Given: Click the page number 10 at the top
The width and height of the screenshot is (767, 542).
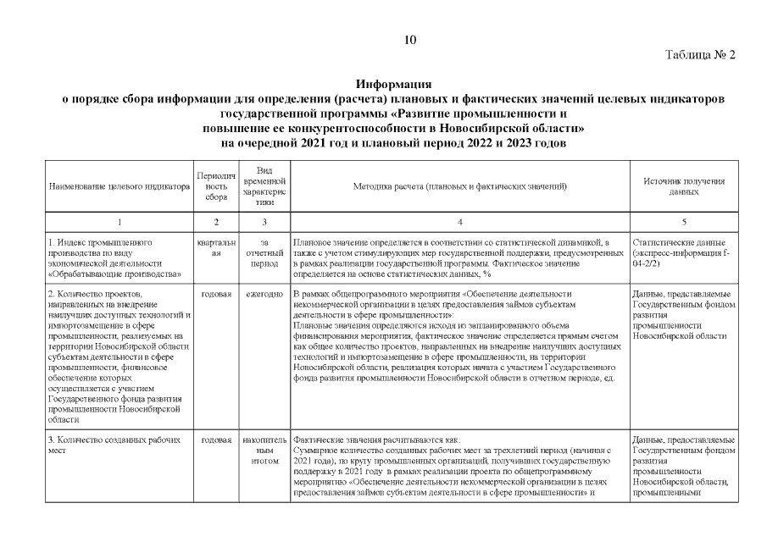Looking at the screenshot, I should click(410, 40).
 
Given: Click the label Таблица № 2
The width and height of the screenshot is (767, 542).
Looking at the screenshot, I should click(700, 55).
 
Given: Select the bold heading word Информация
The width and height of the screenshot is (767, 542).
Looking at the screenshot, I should click(394, 86).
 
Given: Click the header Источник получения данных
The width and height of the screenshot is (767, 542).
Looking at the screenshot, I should click(683, 186).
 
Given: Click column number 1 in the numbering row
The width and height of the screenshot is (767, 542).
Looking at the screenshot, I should click(119, 221).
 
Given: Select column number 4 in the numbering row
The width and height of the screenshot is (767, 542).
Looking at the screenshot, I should click(459, 221).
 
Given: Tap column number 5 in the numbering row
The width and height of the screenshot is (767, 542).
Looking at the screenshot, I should click(683, 221).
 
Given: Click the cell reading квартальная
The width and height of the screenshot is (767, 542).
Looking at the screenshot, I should click(216, 246).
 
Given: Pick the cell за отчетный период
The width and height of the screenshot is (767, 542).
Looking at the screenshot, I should click(264, 252).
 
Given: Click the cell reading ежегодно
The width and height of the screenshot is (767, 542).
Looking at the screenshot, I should click(264, 295).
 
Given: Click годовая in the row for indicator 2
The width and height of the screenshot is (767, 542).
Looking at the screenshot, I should click(216, 295).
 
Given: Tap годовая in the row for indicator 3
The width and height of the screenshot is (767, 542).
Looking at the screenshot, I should click(216, 440).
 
